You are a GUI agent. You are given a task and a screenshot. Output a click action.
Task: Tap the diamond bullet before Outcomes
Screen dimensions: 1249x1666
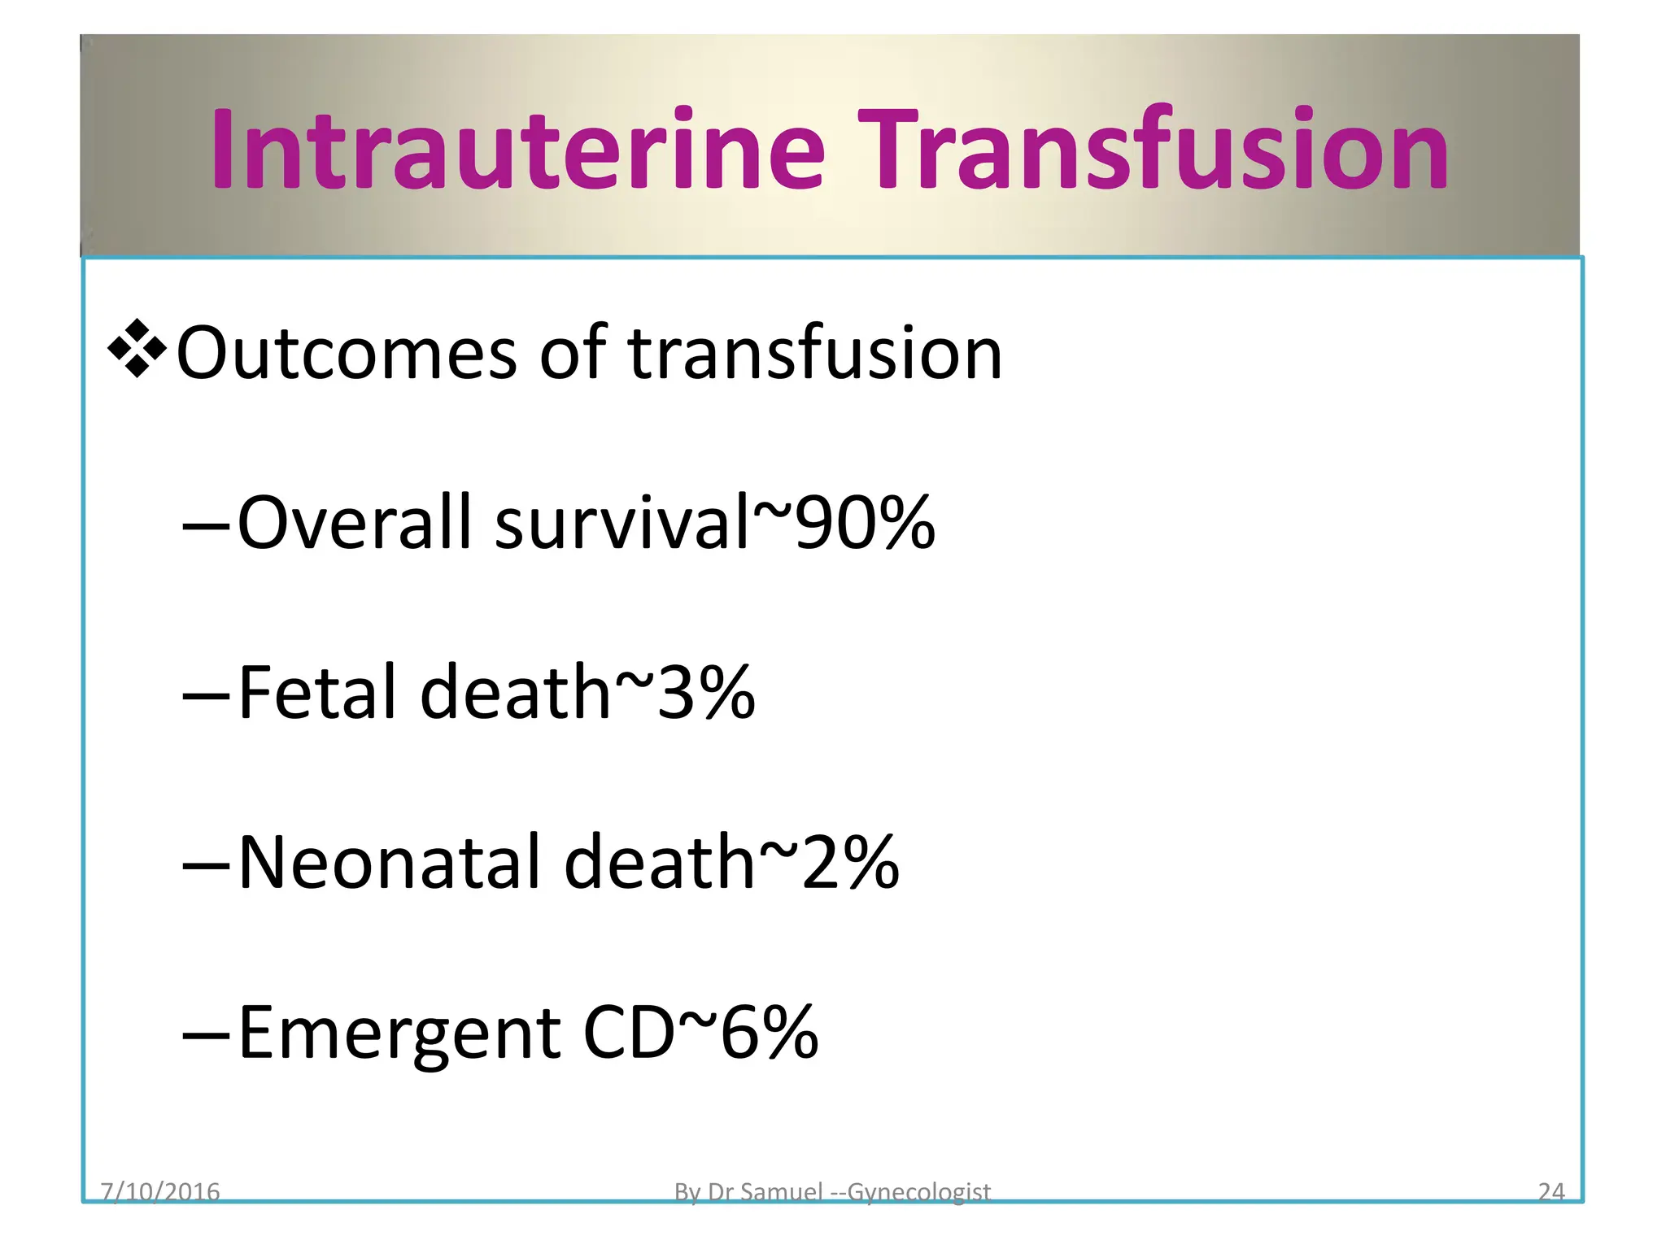(x=137, y=350)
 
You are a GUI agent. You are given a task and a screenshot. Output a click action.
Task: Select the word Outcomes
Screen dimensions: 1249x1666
(x=347, y=353)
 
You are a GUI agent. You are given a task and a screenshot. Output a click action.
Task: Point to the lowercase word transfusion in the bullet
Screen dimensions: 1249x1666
(x=814, y=353)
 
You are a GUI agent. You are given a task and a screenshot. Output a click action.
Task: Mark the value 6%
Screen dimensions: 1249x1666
(x=770, y=1033)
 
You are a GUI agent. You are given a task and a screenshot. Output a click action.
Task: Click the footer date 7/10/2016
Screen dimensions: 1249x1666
(x=160, y=1191)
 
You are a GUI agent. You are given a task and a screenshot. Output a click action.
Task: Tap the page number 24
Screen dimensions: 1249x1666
(x=1551, y=1191)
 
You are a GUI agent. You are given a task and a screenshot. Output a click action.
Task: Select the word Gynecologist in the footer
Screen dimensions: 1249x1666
(x=918, y=1192)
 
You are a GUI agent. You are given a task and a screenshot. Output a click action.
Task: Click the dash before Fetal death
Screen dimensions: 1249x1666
(x=206, y=697)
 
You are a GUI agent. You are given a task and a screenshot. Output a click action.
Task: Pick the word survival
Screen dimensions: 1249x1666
(x=621, y=522)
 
